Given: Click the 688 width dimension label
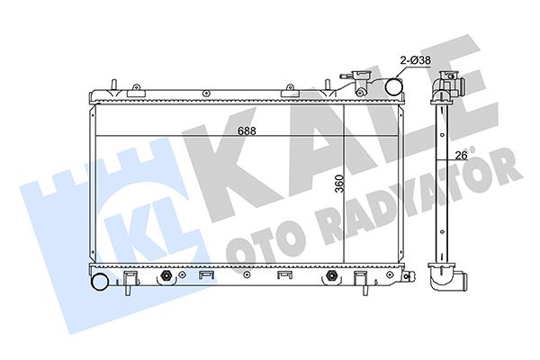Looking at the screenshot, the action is point(247,131).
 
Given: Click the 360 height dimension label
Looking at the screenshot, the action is point(339,184).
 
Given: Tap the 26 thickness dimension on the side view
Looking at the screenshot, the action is point(461,156).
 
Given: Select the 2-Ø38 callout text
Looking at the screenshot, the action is point(415,60).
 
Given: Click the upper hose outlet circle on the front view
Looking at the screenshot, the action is point(393,86).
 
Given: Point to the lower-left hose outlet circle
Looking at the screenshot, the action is point(100,282).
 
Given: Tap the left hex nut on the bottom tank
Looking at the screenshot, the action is point(166,275).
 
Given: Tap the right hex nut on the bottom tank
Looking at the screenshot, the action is point(331,275).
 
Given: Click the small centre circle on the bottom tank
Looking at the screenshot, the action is point(246,274).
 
